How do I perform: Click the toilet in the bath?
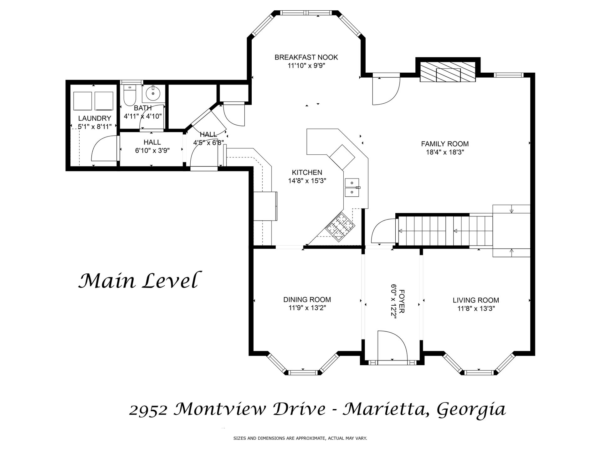tap(129, 95)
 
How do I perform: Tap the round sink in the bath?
tap(153, 93)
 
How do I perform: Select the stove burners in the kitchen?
tap(341, 226)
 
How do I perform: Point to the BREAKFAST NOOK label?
tap(306, 57)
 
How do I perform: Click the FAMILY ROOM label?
tap(444, 144)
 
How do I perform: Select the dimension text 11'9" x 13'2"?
tap(307, 308)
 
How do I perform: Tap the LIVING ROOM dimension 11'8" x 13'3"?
tap(476, 308)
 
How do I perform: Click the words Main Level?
tap(138, 280)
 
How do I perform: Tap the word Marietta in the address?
tap(386, 409)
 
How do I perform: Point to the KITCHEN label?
tap(307, 172)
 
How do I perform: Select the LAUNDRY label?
tap(95, 118)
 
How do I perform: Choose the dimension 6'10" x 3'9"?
tap(152, 151)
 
